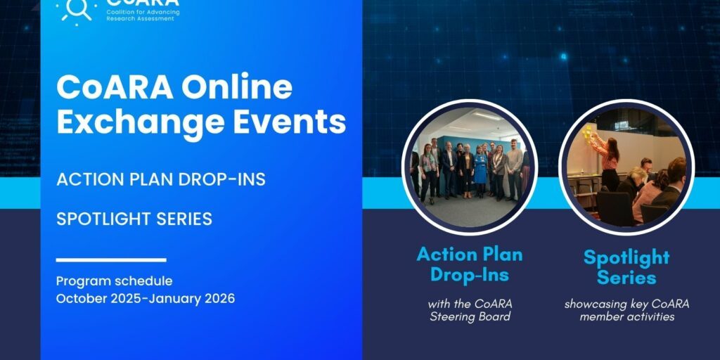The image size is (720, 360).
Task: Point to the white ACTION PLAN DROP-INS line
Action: pos(160,179)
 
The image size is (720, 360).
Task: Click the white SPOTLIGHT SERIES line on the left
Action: pos(134,219)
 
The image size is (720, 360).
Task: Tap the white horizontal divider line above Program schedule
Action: pos(110,259)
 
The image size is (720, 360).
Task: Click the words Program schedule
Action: pos(114,281)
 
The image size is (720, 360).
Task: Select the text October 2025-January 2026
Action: pos(145,298)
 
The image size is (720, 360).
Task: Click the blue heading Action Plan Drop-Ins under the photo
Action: pos(469,264)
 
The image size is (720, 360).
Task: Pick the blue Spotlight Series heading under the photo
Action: pos(626,267)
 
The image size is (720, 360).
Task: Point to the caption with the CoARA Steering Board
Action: pos(470,310)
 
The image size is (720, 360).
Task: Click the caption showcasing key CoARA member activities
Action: pos(626,310)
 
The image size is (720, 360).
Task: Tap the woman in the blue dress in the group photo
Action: pos(480,169)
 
